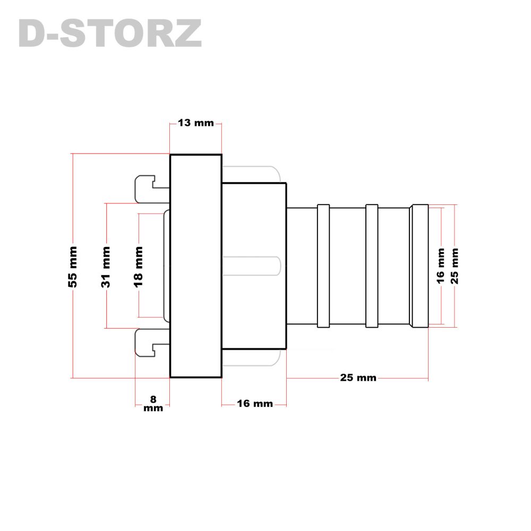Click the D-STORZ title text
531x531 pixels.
point(110,33)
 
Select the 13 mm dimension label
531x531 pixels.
point(196,123)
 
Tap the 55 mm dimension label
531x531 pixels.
point(73,267)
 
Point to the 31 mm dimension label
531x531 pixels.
point(106,267)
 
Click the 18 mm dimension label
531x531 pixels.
point(139,267)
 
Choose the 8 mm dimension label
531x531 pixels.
point(153,404)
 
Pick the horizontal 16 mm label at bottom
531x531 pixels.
point(255,404)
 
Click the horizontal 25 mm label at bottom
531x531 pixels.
point(358,378)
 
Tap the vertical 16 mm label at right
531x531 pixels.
point(440,265)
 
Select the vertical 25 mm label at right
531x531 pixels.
point(455,266)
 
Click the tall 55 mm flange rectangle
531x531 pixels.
point(196,266)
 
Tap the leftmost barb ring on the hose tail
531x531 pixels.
point(323,266)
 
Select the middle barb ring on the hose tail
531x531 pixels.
point(372,266)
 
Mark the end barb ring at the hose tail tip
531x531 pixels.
point(419,266)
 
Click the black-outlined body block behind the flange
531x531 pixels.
point(254,266)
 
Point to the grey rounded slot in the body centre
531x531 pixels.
point(251,266)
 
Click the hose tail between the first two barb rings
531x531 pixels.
point(348,266)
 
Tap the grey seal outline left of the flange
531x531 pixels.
point(166,266)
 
